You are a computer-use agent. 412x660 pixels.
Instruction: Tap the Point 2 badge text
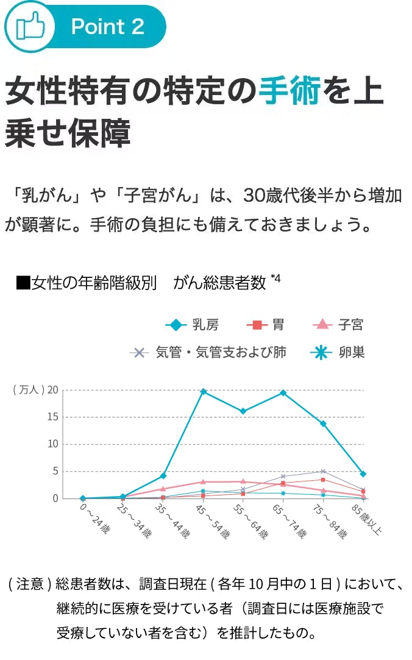pos(108,27)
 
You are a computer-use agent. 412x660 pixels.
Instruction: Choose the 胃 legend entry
pos(266,325)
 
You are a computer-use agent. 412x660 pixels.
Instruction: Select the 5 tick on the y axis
pos(55,471)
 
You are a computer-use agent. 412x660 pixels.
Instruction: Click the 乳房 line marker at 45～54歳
pos(203,391)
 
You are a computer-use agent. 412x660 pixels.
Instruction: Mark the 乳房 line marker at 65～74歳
pos(283,392)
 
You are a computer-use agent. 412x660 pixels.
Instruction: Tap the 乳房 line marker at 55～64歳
pos(243,411)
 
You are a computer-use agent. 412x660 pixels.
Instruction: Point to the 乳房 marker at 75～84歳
pos(323,424)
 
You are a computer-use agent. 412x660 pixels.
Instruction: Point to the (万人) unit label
pos(28,390)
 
